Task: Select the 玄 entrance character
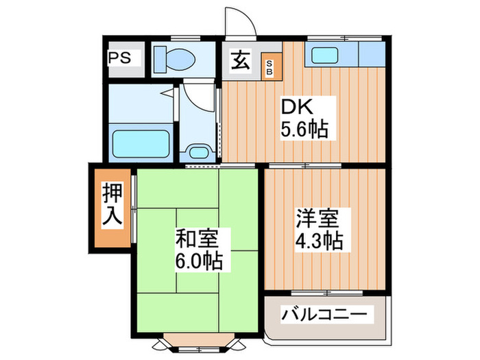[x=241, y=60]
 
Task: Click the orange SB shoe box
[x=269, y=67]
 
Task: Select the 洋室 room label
[x=316, y=221]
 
